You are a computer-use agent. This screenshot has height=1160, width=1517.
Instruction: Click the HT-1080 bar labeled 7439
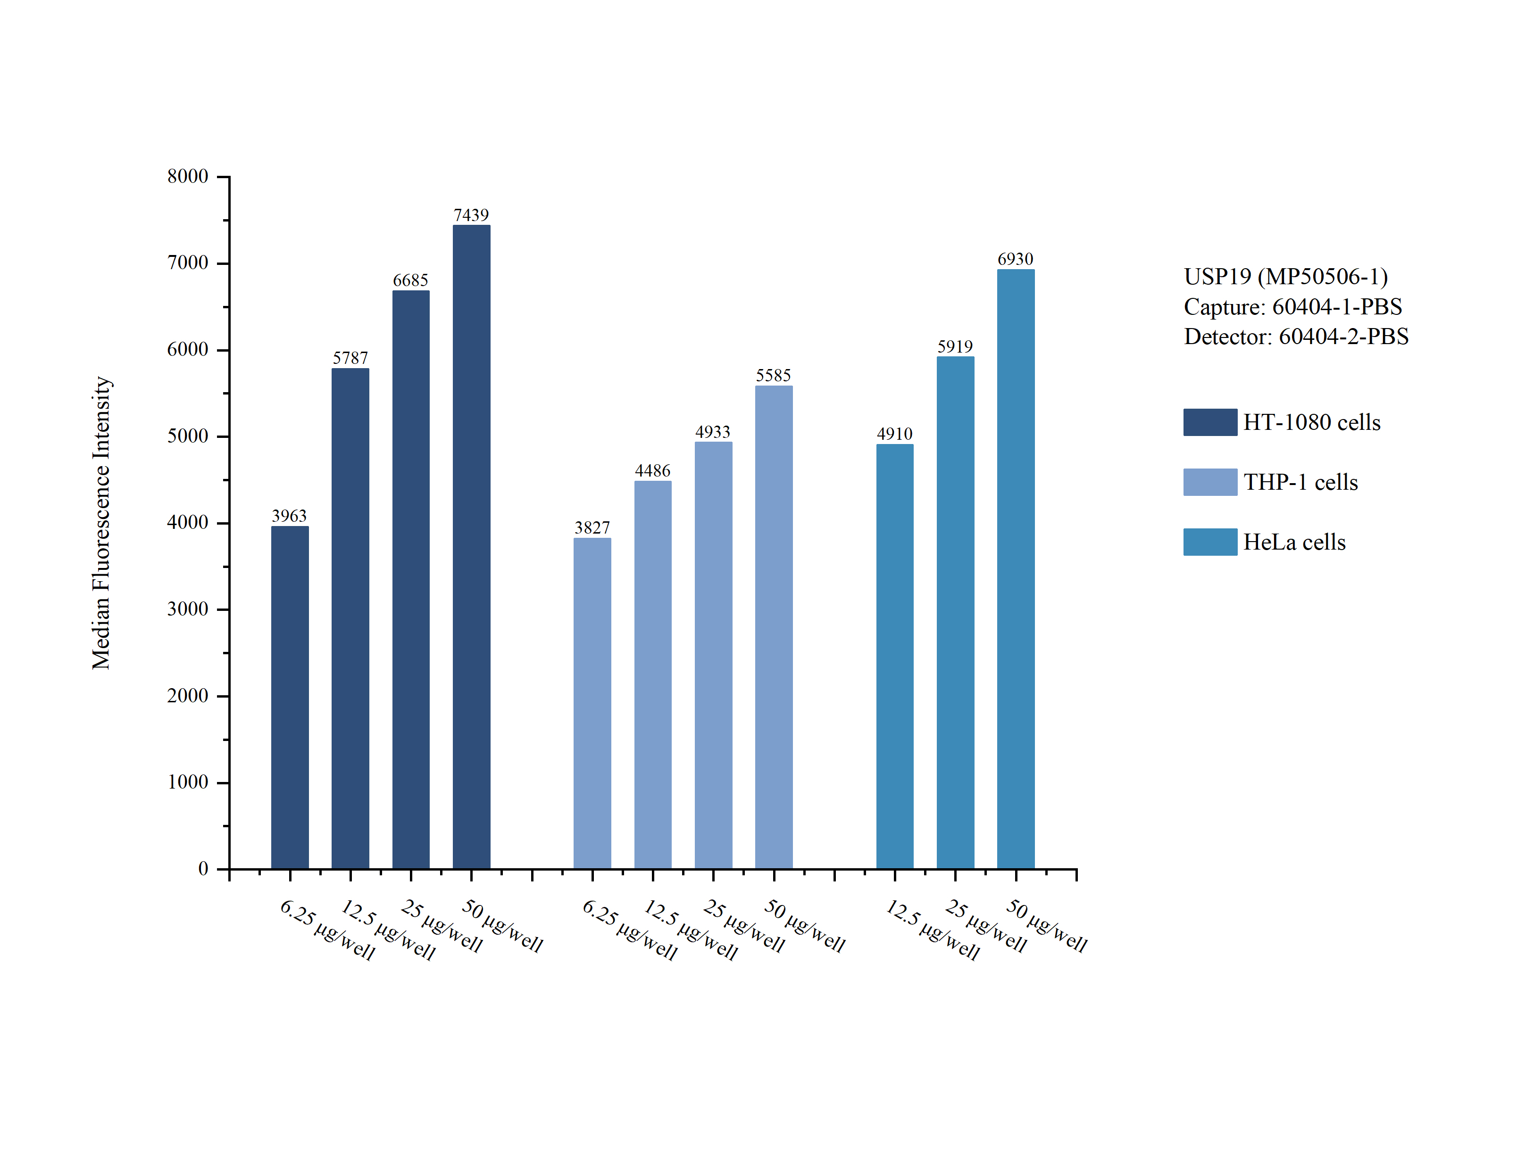point(471,546)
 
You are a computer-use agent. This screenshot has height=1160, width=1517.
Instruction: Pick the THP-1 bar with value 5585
point(774,626)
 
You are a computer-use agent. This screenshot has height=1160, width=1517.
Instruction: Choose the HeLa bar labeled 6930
point(1016,568)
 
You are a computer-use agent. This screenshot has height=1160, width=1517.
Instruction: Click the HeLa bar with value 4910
point(895,656)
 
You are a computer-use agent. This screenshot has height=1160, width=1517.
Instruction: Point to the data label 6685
point(410,280)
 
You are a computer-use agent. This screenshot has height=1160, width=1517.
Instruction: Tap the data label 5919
point(955,346)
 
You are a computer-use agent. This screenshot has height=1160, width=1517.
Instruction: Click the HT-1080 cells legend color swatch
point(1209,422)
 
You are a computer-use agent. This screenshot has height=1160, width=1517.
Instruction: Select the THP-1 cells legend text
point(1300,482)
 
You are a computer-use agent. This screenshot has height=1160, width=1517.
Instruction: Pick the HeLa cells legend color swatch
point(1209,542)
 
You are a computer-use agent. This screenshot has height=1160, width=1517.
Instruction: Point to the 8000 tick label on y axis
point(187,176)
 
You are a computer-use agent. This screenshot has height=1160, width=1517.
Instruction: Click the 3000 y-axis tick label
point(187,609)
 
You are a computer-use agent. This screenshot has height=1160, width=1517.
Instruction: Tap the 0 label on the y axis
point(203,869)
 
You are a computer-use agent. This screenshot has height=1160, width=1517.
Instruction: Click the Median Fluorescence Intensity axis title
point(101,523)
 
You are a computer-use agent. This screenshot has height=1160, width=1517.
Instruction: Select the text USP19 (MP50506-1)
point(1285,276)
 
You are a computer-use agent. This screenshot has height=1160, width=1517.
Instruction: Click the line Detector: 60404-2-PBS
point(1296,336)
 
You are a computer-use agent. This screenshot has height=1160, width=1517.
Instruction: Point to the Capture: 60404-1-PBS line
point(1292,306)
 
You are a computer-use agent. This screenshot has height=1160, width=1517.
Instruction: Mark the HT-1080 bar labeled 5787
point(350,618)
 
